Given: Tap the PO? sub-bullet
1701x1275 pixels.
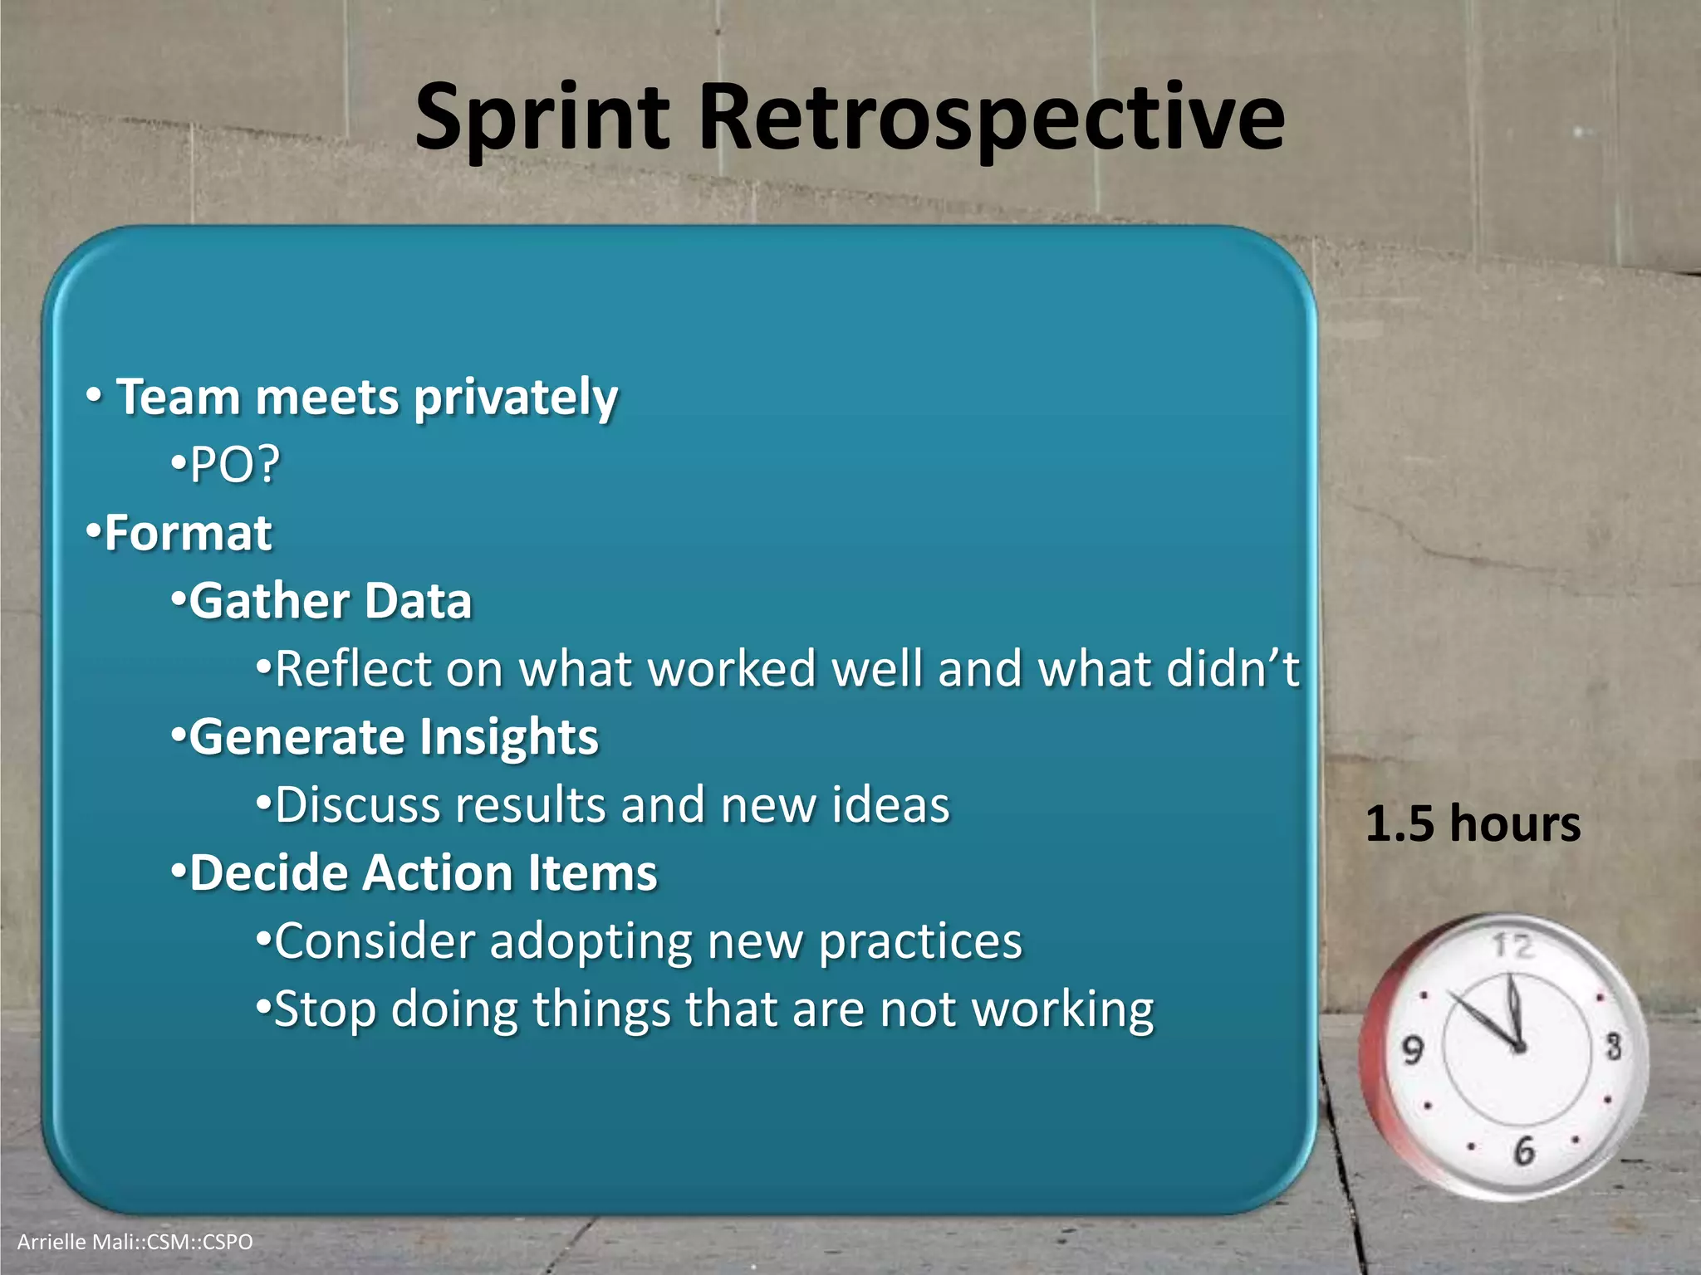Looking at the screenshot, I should click(x=235, y=465).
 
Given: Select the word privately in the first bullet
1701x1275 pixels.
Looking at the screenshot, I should click(x=516, y=398).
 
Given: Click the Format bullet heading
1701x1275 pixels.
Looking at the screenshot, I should click(x=188, y=533).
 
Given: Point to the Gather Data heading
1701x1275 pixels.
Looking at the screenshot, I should click(x=330, y=601).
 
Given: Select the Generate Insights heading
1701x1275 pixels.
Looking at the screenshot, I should click(x=393, y=737).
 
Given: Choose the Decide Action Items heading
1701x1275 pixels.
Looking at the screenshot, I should click(x=423, y=873).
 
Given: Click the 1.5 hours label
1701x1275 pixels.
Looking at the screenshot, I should click(x=1473, y=824).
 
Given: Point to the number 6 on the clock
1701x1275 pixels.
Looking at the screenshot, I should click(x=1524, y=1150).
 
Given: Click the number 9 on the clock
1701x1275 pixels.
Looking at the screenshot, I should click(x=1413, y=1050).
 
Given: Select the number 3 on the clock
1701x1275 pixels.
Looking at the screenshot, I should click(x=1613, y=1046).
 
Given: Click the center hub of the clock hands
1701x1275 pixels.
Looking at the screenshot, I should click(x=1519, y=1048).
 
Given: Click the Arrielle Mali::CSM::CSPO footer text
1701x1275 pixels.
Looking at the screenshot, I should click(x=135, y=1242).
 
